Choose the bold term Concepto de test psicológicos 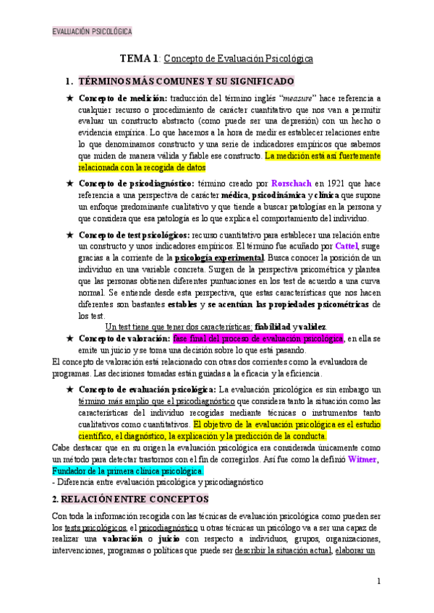[x=135, y=235]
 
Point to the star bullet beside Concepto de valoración [x=69, y=338]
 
